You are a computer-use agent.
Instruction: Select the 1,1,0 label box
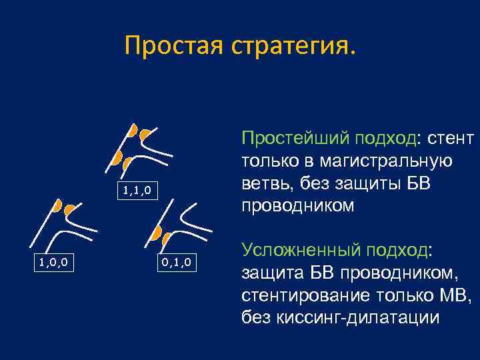coord(139,191)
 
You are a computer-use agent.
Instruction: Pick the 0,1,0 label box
coord(177,262)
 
